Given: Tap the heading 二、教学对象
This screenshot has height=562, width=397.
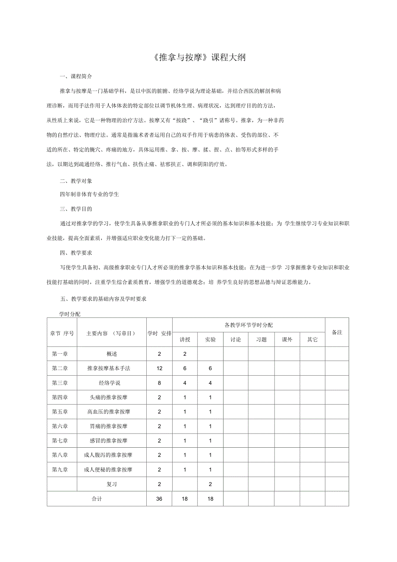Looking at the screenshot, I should pyautogui.click(x=76, y=181).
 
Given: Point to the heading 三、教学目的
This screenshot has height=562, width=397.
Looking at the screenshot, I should pyautogui.click(x=76, y=209).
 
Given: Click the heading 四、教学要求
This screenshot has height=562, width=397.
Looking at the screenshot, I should pyautogui.click(x=76, y=253).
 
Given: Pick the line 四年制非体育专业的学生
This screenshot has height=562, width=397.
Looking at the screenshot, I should pyautogui.click(x=90, y=195).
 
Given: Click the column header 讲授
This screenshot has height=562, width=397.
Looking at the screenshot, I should pyautogui.click(x=185, y=339).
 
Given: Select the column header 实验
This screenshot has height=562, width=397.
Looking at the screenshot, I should pyautogui.click(x=210, y=339).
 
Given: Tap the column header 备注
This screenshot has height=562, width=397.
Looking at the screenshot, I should pyautogui.click(x=337, y=332).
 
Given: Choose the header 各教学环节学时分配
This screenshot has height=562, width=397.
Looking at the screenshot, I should pyautogui.click(x=249, y=325).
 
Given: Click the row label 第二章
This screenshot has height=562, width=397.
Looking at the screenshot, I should pyautogui.click(x=60, y=368).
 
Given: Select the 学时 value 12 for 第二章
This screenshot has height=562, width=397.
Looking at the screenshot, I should pyautogui.click(x=159, y=368).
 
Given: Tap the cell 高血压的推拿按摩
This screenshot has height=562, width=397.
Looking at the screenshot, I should pyautogui.click(x=109, y=412).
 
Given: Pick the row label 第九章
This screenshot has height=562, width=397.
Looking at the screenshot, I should pyautogui.click(x=60, y=470).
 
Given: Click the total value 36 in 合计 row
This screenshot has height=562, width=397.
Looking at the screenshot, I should pyautogui.click(x=159, y=499).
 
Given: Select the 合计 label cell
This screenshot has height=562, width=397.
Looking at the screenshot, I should pyautogui.click(x=97, y=499).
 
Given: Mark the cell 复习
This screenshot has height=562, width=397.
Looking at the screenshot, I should pyautogui.click(x=111, y=484).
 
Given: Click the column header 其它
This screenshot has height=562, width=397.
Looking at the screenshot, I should pyautogui.click(x=312, y=339).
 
